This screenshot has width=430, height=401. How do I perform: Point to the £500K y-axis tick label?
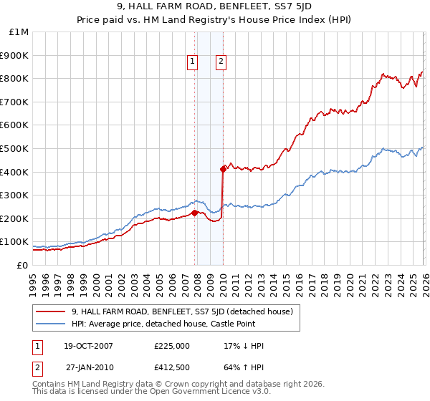pyautogui.click(x=15, y=149)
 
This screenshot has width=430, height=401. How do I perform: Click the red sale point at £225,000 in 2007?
pyautogui.click(x=194, y=213)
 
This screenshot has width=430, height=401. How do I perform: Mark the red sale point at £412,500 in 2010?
pyautogui.click(x=223, y=169)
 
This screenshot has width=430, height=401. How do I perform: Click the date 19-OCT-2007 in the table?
pyautogui.click(x=89, y=346)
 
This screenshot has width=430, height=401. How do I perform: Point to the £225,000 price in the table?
pyautogui.click(x=172, y=346)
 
